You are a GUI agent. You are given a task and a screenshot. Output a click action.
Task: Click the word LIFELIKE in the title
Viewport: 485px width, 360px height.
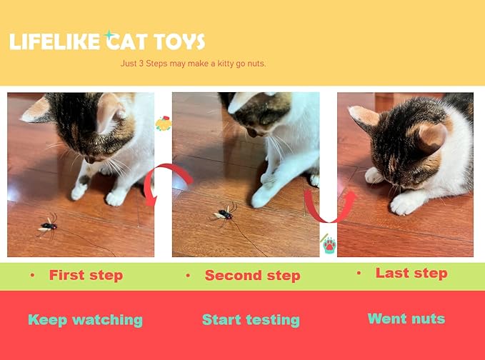pos(54,41)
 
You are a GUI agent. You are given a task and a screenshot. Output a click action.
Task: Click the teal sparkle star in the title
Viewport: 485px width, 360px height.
pos(109,34)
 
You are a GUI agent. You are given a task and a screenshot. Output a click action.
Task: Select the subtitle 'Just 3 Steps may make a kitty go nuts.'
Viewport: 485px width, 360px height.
pos(194,64)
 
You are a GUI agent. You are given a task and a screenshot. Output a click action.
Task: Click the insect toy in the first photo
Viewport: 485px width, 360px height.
pos(48,226)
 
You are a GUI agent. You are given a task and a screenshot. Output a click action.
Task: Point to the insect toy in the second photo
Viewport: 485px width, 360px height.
pos(224,211)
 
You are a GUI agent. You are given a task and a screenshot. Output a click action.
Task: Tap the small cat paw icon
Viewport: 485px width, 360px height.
pos(329,245)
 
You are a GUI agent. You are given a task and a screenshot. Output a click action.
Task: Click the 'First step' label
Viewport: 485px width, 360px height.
pos(86,275)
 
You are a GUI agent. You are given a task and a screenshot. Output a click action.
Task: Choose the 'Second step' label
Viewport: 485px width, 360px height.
pos(252,276)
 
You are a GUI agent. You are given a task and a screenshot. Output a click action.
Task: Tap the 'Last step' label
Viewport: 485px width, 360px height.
pos(411,274)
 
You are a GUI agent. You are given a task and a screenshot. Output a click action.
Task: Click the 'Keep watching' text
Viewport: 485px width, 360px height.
pos(85,320)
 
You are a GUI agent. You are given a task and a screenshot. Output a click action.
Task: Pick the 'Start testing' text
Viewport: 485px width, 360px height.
pos(251,320)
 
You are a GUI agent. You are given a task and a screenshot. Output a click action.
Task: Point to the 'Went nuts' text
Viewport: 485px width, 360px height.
pos(406,319)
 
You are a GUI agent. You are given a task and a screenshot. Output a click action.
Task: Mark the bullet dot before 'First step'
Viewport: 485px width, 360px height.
pos(32,275)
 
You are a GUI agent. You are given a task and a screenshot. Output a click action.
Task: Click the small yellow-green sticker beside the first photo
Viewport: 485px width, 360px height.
pos(163,123)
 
